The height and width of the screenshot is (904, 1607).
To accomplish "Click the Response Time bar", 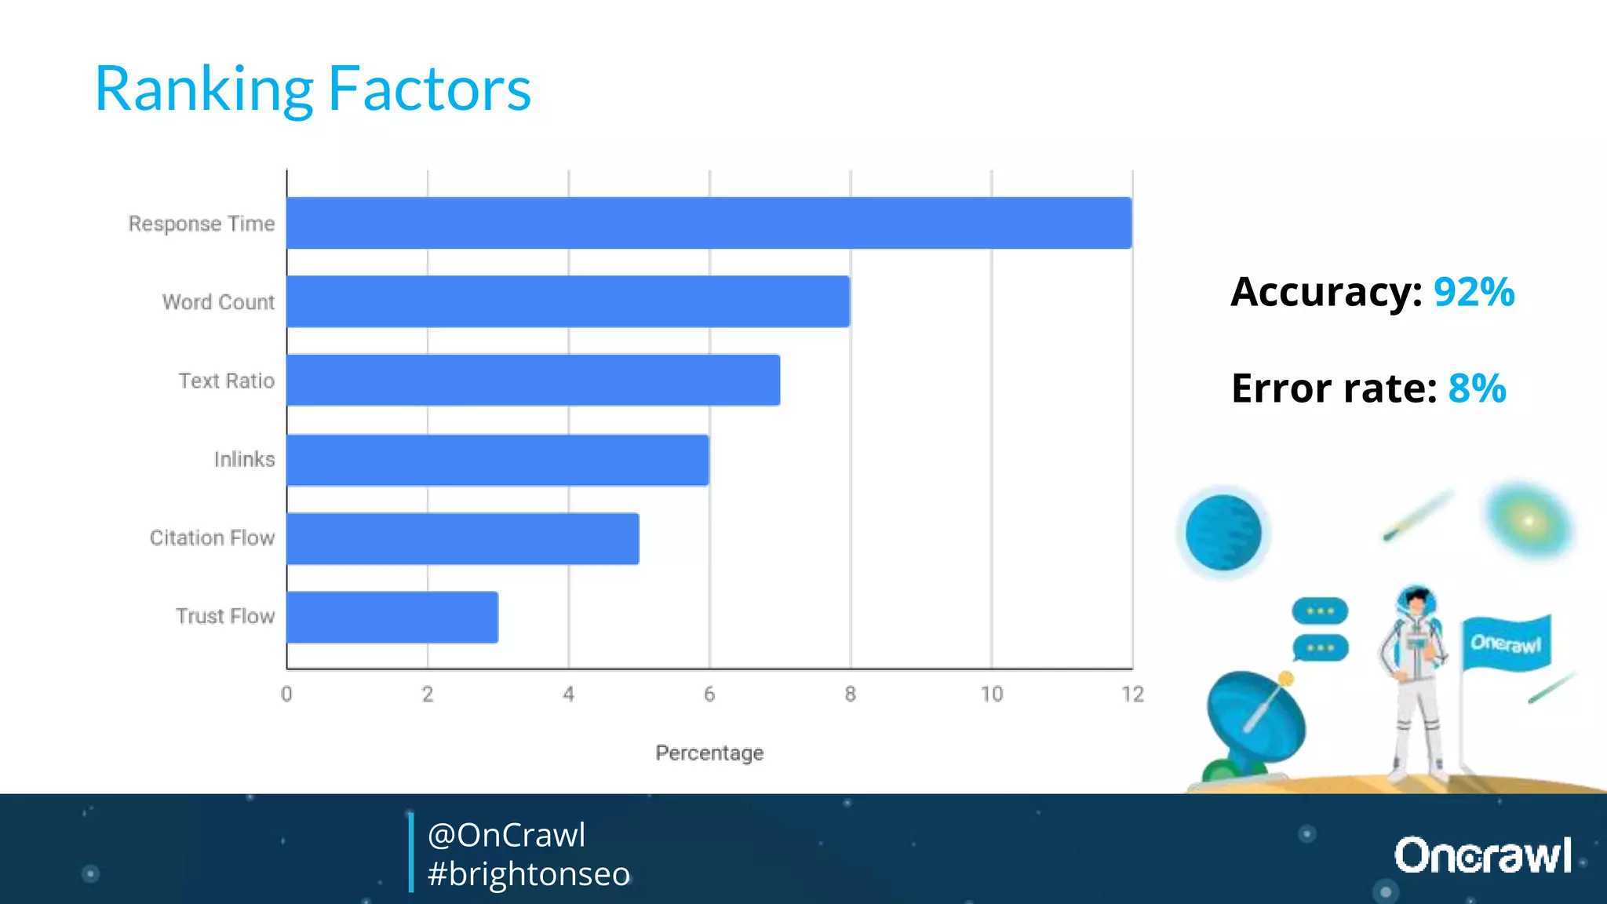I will tap(709, 223).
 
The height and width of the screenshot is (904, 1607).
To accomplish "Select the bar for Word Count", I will tap(568, 301).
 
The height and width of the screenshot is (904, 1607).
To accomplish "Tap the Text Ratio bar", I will tap(533, 380).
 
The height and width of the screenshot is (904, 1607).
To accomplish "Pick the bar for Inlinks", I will tap(497, 460).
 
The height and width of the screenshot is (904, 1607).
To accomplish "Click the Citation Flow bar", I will tap(462, 538).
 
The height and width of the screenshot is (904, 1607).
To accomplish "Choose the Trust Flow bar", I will tap(392, 617).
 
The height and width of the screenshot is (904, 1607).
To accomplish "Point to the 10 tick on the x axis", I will tap(991, 694).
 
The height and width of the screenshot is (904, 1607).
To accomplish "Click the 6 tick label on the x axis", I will tap(709, 694).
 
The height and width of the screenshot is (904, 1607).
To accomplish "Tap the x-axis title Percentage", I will tap(709, 753).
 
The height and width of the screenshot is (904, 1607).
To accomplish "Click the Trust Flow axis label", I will tap(225, 616).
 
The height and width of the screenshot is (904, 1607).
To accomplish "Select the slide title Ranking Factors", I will tap(312, 89).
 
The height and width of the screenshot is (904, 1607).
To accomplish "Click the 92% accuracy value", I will tap(1474, 292).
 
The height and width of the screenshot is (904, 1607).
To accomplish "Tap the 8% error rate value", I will tap(1477, 388).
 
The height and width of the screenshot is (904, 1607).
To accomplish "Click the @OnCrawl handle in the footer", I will tap(507, 835).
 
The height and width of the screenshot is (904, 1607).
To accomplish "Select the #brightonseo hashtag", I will tap(529, 873).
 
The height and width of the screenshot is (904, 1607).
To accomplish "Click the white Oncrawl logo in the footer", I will tap(1482, 855).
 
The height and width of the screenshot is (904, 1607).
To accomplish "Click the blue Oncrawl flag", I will tap(1505, 643).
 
